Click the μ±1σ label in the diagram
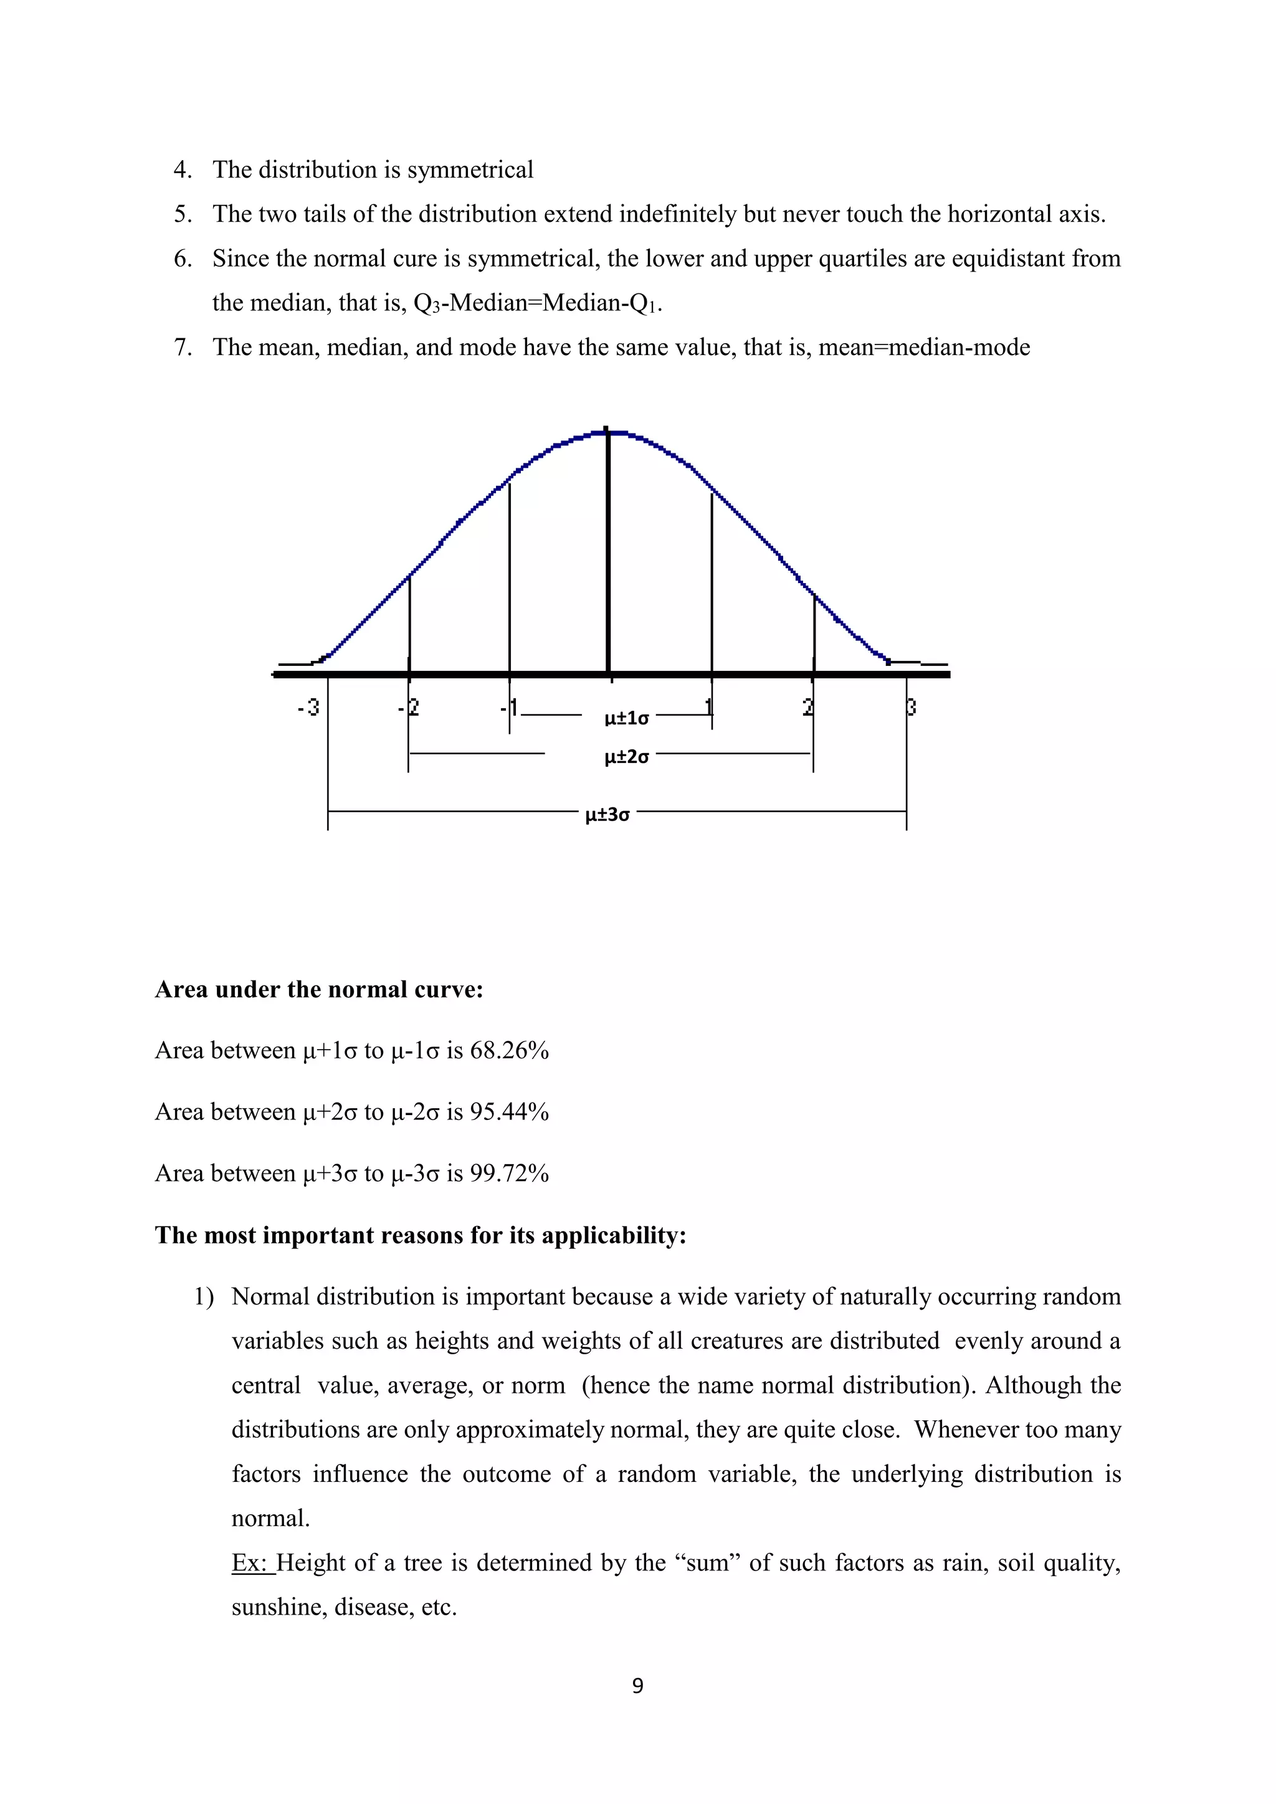click(626, 718)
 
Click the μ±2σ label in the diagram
click(626, 757)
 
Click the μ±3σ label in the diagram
click(607, 814)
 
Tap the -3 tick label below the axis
click(308, 707)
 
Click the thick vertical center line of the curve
click(608, 550)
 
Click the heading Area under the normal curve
click(319, 989)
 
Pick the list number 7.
click(183, 348)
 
